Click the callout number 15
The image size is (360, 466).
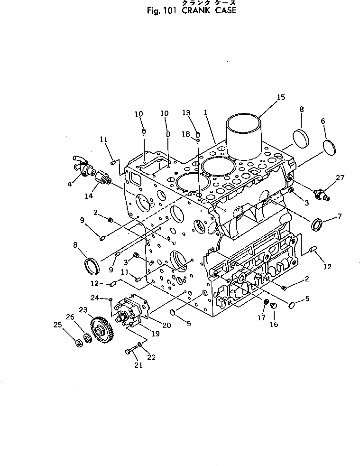[281, 97]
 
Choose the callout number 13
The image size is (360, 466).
[186, 113]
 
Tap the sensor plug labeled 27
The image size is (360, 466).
[321, 193]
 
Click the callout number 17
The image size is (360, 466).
[261, 317]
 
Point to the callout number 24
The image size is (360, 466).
[94, 298]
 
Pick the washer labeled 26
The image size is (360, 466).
[88, 338]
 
